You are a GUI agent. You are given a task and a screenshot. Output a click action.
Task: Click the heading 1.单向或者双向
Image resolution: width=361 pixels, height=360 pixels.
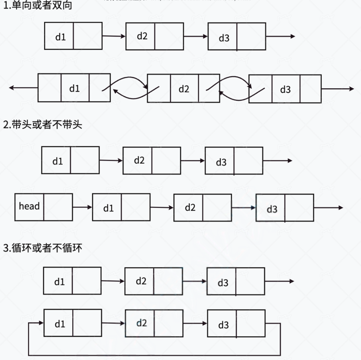click(37, 6)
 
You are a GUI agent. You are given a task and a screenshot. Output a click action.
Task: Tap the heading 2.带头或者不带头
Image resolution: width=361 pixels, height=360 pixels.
click(43, 125)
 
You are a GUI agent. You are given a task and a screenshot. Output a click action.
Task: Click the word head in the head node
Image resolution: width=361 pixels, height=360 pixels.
click(29, 206)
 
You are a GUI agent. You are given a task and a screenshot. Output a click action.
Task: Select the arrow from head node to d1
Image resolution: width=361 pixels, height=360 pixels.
click(82, 207)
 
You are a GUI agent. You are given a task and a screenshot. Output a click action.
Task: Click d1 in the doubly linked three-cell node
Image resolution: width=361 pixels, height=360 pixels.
click(74, 88)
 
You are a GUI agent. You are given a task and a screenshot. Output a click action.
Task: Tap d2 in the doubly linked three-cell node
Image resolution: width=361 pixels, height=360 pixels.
click(184, 89)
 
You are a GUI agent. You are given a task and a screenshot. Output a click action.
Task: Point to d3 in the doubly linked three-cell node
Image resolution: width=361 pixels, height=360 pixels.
click(285, 89)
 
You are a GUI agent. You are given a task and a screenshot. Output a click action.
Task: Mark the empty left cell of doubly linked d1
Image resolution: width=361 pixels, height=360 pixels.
click(49, 88)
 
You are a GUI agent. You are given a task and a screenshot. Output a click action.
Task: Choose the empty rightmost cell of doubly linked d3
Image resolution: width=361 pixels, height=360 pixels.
click(310, 89)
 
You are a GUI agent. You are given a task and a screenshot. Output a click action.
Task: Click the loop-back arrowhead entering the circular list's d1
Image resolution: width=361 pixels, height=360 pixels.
click(40, 323)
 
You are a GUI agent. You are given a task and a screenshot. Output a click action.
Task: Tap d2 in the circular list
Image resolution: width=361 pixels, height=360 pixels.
click(141, 323)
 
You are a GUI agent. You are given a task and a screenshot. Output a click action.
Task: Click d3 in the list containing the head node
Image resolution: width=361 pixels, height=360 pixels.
click(272, 209)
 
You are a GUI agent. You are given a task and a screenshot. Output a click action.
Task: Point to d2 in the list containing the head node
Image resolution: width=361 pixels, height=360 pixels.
click(190, 207)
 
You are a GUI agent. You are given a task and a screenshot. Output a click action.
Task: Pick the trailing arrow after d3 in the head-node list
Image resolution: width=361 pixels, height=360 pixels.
click(328, 208)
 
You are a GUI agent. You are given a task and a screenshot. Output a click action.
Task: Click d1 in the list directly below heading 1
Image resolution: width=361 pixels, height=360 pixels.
click(60, 37)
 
